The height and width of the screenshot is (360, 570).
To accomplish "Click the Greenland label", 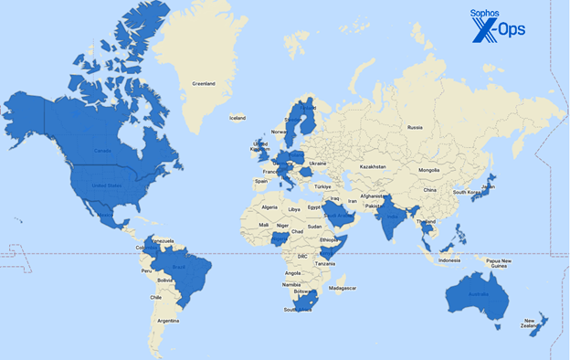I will pyautogui.click(x=203, y=84).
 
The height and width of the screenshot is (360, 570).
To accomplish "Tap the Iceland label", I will pyautogui.click(x=237, y=118).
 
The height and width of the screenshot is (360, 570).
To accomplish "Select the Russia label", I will pyautogui.click(x=416, y=127).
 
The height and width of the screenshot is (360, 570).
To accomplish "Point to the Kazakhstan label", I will pyautogui.click(x=373, y=167).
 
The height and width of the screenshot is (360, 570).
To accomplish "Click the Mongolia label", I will pyautogui.click(x=429, y=170).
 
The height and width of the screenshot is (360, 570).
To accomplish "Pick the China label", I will pyautogui.click(x=429, y=190).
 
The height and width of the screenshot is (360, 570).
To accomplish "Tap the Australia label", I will pyautogui.click(x=476, y=294).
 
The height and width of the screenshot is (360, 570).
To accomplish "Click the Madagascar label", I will pyautogui.click(x=343, y=288).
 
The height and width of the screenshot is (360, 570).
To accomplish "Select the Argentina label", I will pyautogui.click(x=167, y=321).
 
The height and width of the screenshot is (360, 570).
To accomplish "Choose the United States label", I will pyautogui.click(x=107, y=185).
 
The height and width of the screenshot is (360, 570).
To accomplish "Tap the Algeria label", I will pyautogui.click(x=269, y=207).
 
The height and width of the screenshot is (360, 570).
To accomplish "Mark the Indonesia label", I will pyautogui.click(x=449, y=260).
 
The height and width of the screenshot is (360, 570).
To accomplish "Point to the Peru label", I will pyautogui.click(x=145, y=271).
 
